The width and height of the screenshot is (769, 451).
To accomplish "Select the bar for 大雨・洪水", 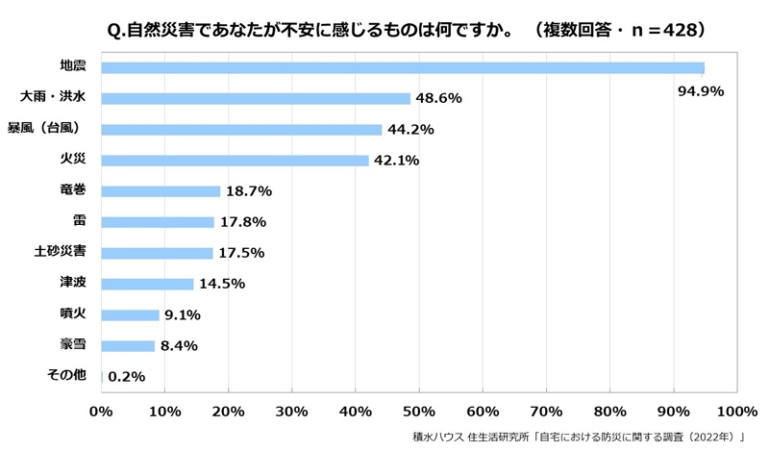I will click(x=256, y=98).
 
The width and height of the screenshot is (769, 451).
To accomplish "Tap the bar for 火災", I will click(x=236, y=161).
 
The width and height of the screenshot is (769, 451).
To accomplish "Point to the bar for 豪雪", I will click(x=128, y=345).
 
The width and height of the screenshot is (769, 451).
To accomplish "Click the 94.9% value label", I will click(x=700, y=91).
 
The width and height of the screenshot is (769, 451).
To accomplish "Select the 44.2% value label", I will click(x=411, y=130).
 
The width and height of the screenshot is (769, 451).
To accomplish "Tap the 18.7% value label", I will click(x=249, y=191).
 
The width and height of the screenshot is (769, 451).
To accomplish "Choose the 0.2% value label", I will click(x=127, y=377).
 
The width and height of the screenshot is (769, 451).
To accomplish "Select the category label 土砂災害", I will click(x=62, y=252).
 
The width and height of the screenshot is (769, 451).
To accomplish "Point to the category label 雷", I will click(x=80, y=221).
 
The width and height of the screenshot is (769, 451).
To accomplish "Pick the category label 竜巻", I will click(x=73, y=190).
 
